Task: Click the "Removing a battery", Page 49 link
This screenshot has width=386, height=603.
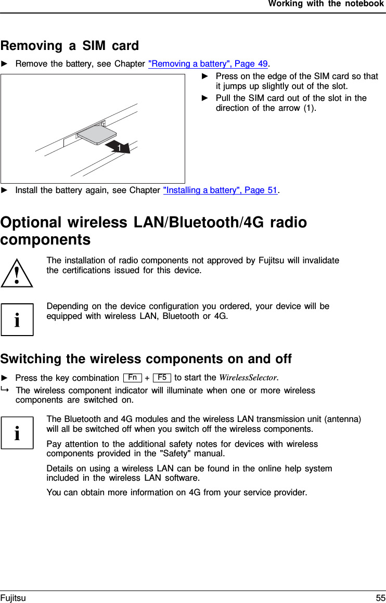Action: click(x=208, y=64)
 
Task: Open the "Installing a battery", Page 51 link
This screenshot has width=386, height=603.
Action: click(x=221, y=190)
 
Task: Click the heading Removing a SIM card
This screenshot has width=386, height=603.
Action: click(x=70, y=46)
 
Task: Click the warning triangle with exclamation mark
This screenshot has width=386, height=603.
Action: click(x=17, y=272)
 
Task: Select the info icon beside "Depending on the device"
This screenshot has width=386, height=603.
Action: click(x=17, y=319)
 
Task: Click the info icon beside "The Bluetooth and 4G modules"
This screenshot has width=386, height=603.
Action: click(x=17, y=432)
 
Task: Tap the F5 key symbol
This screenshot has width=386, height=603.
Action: click(x=162, y=377)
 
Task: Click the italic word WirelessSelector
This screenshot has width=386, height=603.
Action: click(x=248, y=378)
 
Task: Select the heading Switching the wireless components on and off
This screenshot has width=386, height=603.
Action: click(x=146, y=359)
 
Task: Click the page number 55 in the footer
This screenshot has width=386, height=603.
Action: click(x=380, y=598)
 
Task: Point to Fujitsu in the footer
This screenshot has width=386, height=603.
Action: click(x=13, y=598)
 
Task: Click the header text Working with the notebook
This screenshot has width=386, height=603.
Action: click(x=326, y=4)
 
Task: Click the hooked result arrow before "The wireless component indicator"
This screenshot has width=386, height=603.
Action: click(x=5, y=390)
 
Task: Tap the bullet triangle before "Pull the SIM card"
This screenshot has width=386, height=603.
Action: click(x=205, y=98)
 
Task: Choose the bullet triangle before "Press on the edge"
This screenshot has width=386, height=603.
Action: click(x=205, y=76)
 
